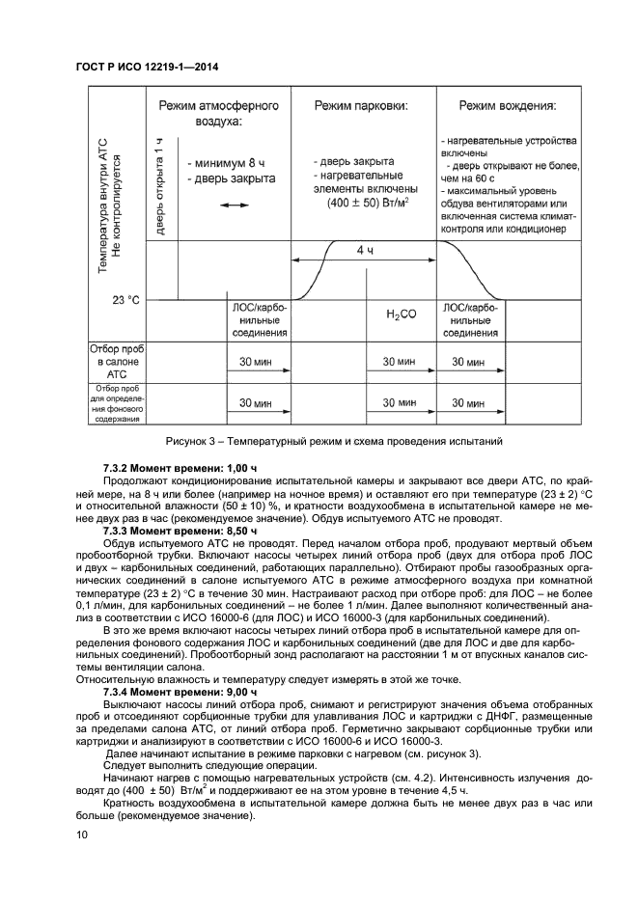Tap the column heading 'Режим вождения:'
point(507,105)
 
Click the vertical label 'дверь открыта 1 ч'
point(159,185)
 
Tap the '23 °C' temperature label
point(125,300)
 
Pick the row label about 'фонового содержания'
point(116,404)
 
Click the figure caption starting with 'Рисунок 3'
point(334,441)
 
